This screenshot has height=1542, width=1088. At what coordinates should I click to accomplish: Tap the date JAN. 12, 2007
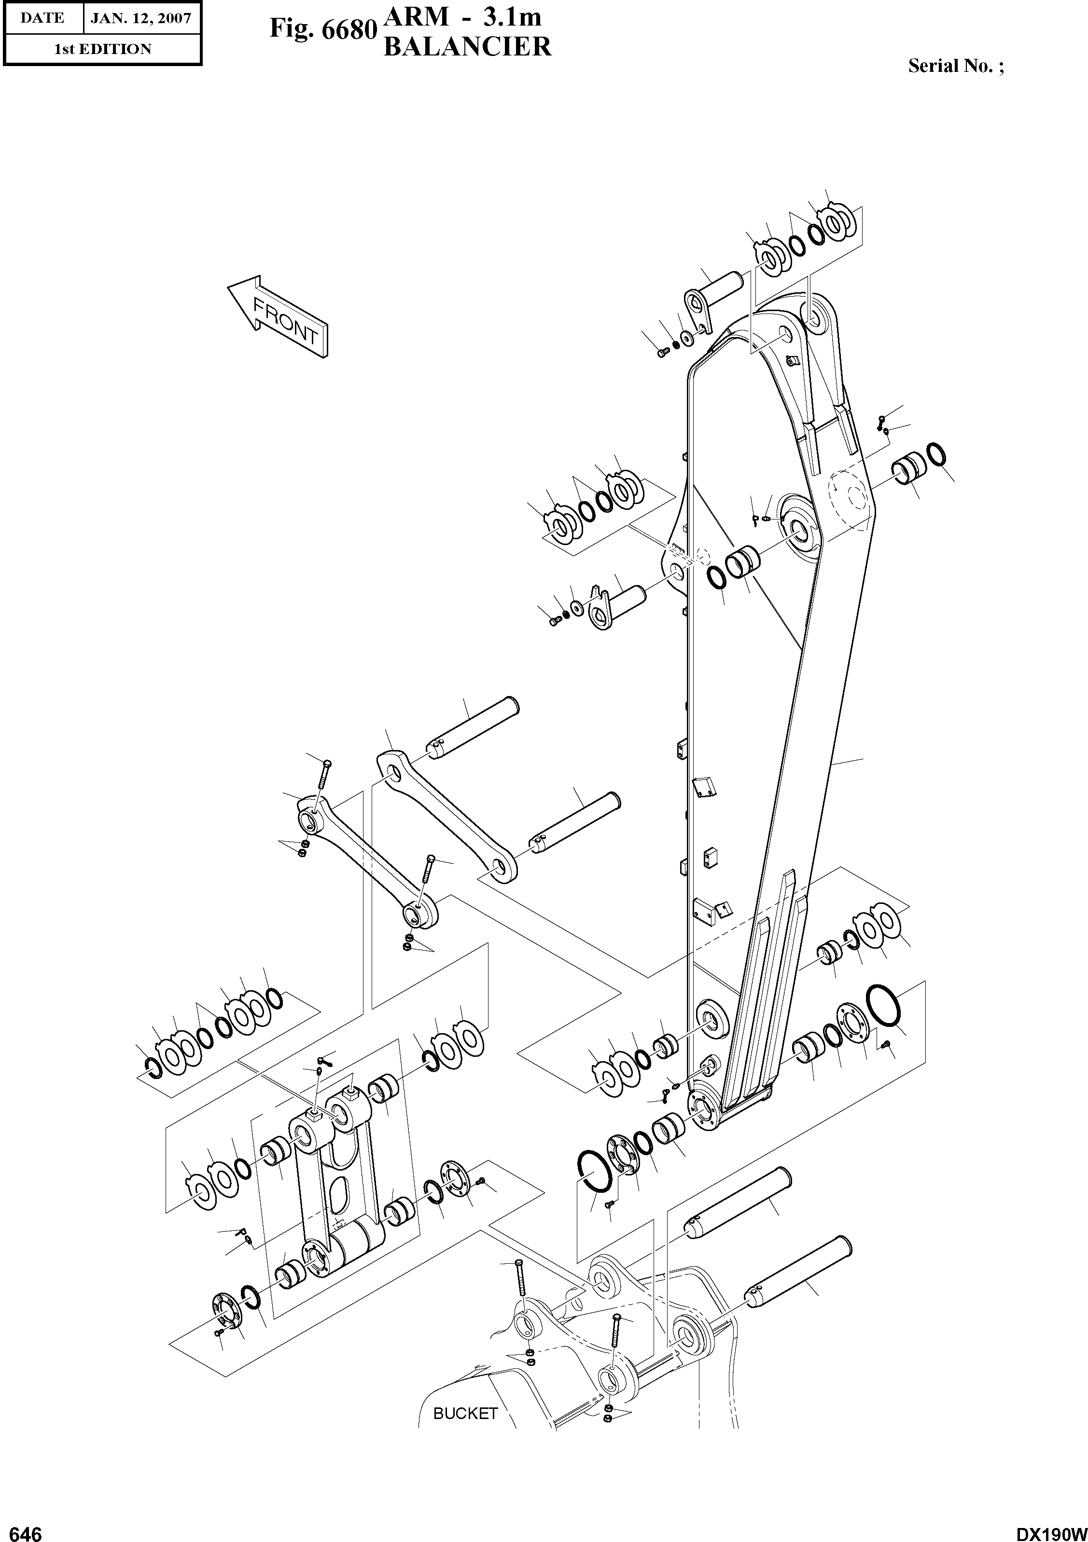click(140, 18)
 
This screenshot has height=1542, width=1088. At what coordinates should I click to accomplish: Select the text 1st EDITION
click(102, 49)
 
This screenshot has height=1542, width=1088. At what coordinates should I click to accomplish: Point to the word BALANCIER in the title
click(467, 47)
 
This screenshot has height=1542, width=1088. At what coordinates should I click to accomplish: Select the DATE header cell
click(42, 18)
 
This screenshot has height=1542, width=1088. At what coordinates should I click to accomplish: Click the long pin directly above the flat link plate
click(474, 727)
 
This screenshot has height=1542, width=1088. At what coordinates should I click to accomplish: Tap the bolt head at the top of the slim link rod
click(326, 763)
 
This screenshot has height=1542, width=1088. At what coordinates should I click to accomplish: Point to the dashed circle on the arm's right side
click(850, 498)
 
